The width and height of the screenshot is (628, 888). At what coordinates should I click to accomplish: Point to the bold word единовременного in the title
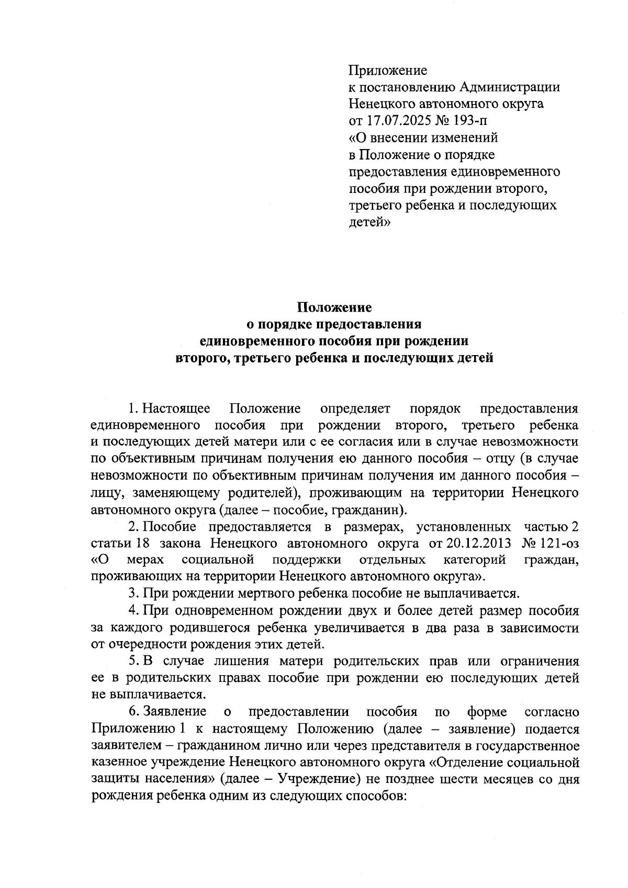[256, 341]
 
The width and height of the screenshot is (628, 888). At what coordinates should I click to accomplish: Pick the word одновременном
[231, 610]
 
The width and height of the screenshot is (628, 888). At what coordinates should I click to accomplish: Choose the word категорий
[474, 560]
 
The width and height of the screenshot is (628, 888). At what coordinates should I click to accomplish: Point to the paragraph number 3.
[133, 594]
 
